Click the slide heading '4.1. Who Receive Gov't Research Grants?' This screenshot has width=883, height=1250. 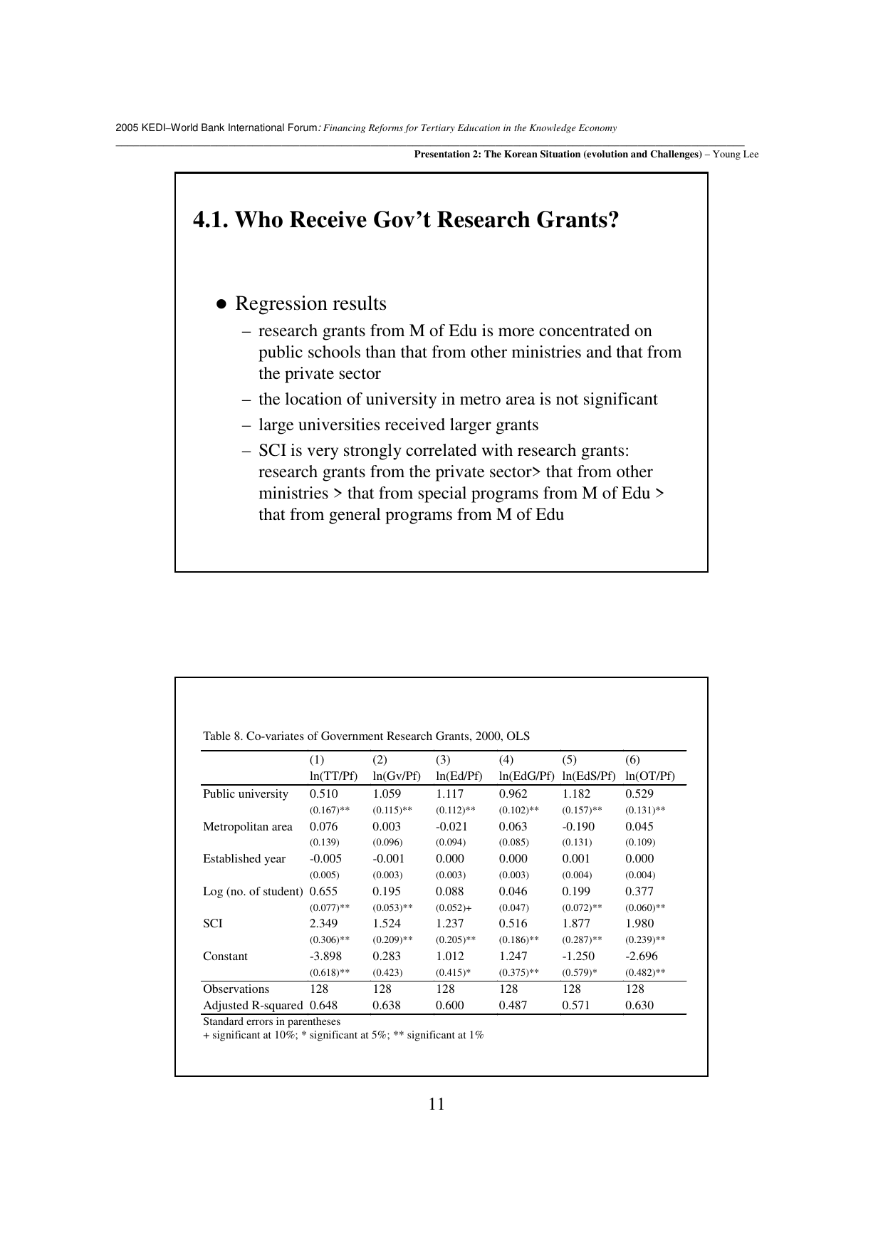click(406, 220)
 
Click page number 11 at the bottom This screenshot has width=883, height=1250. click(437, 1104)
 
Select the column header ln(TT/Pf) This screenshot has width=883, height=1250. click(333, 776)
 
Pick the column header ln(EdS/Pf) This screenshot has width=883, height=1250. click(588, 776)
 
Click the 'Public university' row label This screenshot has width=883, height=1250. click(246, 794)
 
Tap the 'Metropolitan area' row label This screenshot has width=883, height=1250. click(248, 827)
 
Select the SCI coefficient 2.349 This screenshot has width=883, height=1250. click(324, 924)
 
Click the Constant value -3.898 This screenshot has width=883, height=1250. click(325, 957)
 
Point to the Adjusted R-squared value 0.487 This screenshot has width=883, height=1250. click(513, 1006)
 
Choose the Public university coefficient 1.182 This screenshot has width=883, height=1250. click(576, 794)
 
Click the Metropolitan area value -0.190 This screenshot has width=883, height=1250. click(578, 827)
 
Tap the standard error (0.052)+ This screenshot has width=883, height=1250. click(454, 908)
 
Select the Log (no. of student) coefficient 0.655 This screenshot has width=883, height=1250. click(324, 892)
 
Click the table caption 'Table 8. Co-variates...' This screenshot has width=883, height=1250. click(366, 736)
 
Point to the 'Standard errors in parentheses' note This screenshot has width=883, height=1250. click(271, 1022)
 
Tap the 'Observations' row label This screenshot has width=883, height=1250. click(236, 989)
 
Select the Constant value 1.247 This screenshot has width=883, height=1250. click(513, 957)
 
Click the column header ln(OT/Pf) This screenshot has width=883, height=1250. click(650, 776)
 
